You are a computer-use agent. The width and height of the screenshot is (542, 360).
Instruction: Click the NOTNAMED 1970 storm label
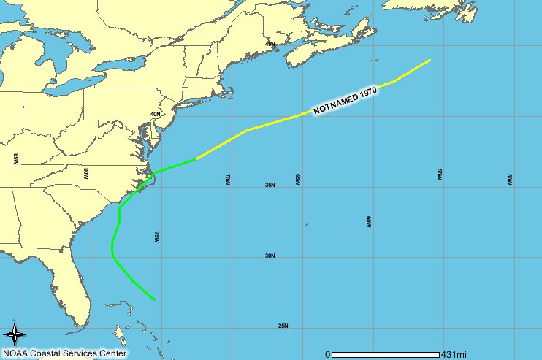pos(344,102)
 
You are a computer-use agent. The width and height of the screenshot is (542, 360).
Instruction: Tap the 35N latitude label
pos(270,185)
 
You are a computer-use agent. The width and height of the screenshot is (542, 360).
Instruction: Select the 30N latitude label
pos(270,256)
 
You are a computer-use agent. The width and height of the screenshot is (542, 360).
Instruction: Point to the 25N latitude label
pos(283,326)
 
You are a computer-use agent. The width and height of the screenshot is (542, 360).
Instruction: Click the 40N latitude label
pos(155,115)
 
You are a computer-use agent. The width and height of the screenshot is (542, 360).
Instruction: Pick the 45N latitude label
pos(270,45)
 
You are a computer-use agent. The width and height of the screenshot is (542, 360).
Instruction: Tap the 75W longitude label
pos(156,237)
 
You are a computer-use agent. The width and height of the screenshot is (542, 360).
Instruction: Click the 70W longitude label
pos(227,179)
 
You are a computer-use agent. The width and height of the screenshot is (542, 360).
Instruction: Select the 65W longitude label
pos(298,179)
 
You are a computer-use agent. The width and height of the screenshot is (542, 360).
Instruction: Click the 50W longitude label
pos(509,179)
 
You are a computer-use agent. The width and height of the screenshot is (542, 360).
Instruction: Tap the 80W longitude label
pos(85,173)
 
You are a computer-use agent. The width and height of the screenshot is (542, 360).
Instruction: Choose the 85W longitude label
pos(15,158)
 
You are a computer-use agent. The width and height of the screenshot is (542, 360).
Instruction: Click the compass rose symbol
pos(15,334)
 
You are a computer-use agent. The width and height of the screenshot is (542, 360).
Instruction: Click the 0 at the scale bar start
pos(327,354)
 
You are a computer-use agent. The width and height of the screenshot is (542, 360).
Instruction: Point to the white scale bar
pos(386,355)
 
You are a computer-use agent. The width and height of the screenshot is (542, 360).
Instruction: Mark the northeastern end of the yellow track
pos(430,60)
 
